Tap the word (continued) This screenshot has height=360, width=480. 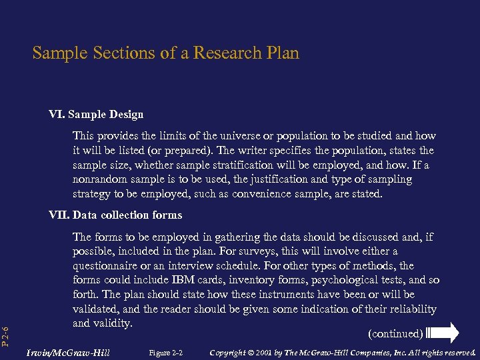(x=395, y=333)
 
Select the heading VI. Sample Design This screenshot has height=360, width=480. (x=96, y=115)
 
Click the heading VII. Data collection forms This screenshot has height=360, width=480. (x=115, y=215)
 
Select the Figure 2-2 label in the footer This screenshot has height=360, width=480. (x=166, y=352)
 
